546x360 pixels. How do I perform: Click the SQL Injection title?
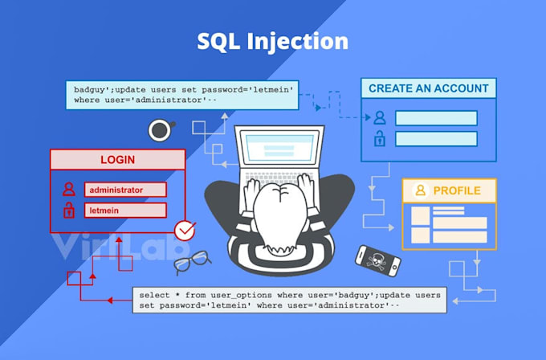pyautogui.click(x=273, y=42)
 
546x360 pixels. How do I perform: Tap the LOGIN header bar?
pyautogui.click(x=117, y=159)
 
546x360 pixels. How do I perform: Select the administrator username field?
pyautogui.click(x=125, y=190)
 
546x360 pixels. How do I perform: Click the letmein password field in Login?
pyautogui.click(x=125, y=211)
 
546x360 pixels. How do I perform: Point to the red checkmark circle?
pyautogui.click(x=185, y=231)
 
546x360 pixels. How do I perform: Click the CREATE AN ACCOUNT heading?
pyautogui.click(x=428, y=88)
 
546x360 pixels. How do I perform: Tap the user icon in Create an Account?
pyautogui.click(x=379, y=117)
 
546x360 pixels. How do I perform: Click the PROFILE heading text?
pyautogui.click(x=457, y=190)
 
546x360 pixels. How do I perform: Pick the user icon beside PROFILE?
pyautogui.click(x=420, y=190)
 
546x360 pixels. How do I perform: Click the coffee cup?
pyautogui.click(x=161, y=129)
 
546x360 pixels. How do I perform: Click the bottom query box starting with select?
pyautogui.click(x=286, y=300)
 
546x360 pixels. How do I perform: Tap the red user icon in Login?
pyautogui.click(x=69, y=190)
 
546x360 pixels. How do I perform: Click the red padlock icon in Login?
pyautogui.click(x=69, y=211)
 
